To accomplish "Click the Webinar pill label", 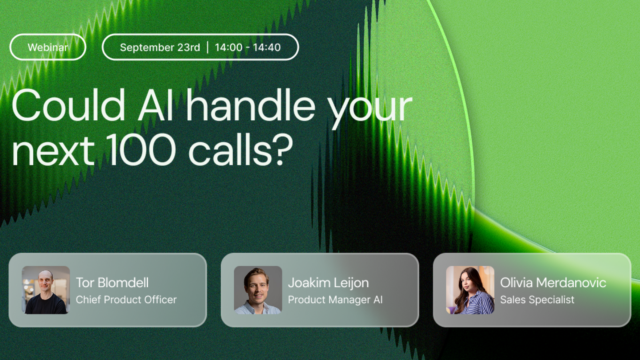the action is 48,47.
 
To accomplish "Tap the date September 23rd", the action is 160,47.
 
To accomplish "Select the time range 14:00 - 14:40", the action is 248,47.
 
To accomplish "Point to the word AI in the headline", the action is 156,105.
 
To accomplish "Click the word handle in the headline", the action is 251,105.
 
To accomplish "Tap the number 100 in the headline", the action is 142,150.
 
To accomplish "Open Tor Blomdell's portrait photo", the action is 46,290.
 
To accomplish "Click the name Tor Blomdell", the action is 112,282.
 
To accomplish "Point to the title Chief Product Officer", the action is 126,300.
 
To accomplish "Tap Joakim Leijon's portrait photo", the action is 258,290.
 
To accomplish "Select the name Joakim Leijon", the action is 328,283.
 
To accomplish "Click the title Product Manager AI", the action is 336,300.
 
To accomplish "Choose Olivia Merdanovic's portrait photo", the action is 470,290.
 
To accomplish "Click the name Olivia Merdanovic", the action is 553,282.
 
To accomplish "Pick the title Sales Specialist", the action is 538,300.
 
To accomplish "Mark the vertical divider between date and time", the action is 208,47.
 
